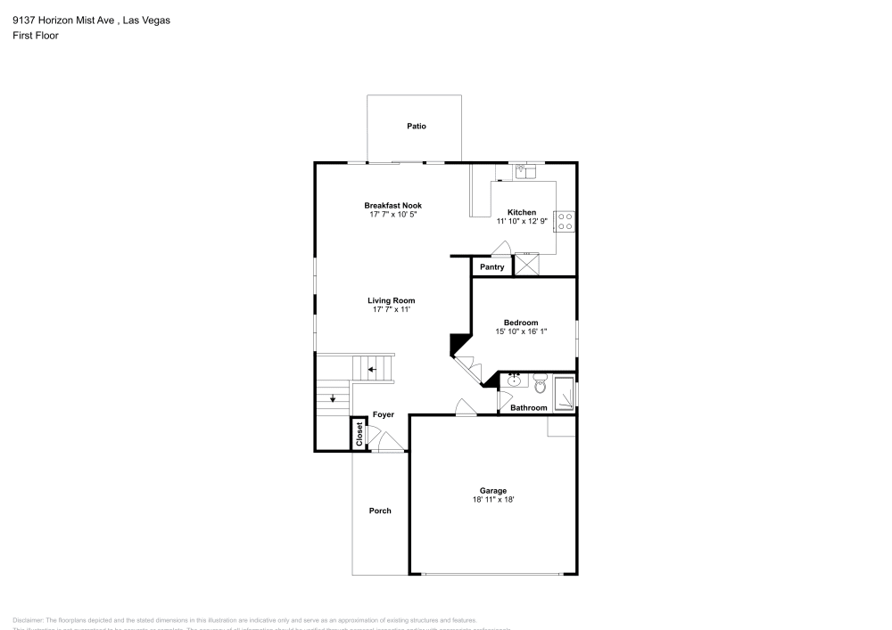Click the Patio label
pos(417,126)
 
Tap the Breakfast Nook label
pos(392,205)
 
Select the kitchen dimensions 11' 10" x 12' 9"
pos(522,222)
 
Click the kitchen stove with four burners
pos(565,221)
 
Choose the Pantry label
pos(492,267)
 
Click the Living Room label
pos(392,300)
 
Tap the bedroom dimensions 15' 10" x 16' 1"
pos(521,331)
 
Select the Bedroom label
pos(521,323)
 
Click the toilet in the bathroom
pos(540,385)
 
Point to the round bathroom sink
pos(515,381)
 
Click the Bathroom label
pos(528,408)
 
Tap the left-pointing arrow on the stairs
pos(373,368)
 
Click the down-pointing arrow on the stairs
pos(332,397)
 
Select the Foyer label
pos(384,415)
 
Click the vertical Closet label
pos(360,434)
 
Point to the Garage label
pos(493,491)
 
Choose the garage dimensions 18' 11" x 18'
pos(493,500)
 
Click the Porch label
pos(380,511)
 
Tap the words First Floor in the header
pos(36,36)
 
